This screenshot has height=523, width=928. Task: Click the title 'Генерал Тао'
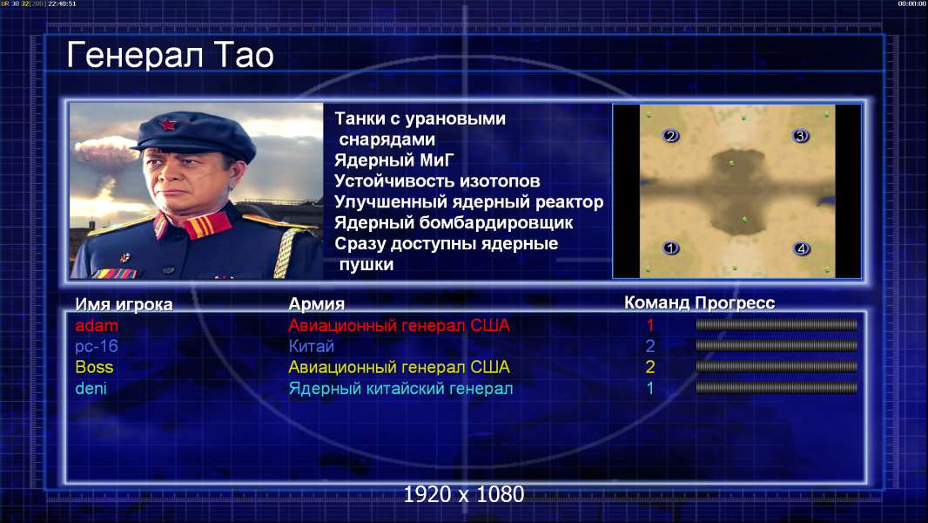click(x=170, y=55)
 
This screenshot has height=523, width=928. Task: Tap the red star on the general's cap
click(x=167, y=125)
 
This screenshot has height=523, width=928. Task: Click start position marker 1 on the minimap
click(x=670, y=248)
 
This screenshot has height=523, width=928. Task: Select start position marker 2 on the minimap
click(x=670, y=136)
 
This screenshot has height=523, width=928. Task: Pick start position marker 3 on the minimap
click(x=800, y=136)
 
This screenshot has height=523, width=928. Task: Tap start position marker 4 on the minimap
click(x=801, y=248)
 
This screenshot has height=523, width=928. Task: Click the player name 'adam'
click(x=97, y=325)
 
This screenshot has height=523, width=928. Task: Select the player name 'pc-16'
click(x=97, y=346)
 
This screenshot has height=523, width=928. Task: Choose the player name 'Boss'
click(x=94, y=367)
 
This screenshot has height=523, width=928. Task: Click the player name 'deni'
click(x=91, y=389)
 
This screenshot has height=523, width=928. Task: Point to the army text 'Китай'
click(x=312, y=346)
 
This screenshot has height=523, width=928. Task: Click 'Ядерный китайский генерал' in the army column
click(x=400, y=389)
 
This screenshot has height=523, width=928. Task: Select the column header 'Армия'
click(x=317, y=304)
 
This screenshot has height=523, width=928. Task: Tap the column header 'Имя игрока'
click(x=124, y=304)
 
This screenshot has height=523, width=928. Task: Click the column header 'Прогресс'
click(x=735, y=302)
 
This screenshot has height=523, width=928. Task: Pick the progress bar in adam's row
click(x=777, y=324)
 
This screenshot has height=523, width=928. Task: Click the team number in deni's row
click(x=649, y=389)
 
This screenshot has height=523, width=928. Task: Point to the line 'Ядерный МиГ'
click(x=394, y=160)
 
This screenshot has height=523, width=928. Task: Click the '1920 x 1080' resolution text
click(x=463, y=494)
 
